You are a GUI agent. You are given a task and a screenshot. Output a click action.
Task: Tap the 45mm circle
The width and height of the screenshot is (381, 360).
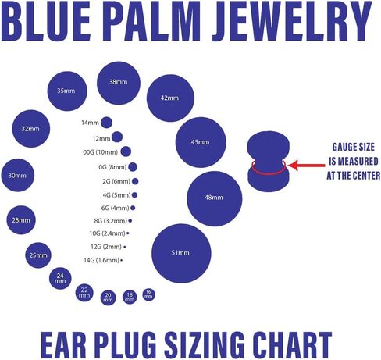point(201,142)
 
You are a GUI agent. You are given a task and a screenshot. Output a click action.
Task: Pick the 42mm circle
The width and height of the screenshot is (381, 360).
point(170,98)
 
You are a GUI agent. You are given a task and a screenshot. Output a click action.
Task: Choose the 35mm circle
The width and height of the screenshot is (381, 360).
point(66,91)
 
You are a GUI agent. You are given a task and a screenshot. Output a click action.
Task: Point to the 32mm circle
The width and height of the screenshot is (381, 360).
point(31,129)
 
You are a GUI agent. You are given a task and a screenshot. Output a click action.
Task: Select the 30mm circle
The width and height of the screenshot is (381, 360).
point(18,176)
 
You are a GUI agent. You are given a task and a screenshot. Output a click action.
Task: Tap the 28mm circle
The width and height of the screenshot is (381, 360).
point(21,220)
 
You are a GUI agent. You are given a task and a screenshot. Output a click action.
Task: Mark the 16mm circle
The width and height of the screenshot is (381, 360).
point(148,294)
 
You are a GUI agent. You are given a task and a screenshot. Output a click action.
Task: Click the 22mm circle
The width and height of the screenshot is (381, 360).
point(84,294)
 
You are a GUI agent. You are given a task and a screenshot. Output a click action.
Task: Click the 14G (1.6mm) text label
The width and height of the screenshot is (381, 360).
point(101,259)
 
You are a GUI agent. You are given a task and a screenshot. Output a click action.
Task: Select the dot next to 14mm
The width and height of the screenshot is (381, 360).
point(108,123)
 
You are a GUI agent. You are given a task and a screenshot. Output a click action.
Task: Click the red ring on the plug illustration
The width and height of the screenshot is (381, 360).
point(269,166)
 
